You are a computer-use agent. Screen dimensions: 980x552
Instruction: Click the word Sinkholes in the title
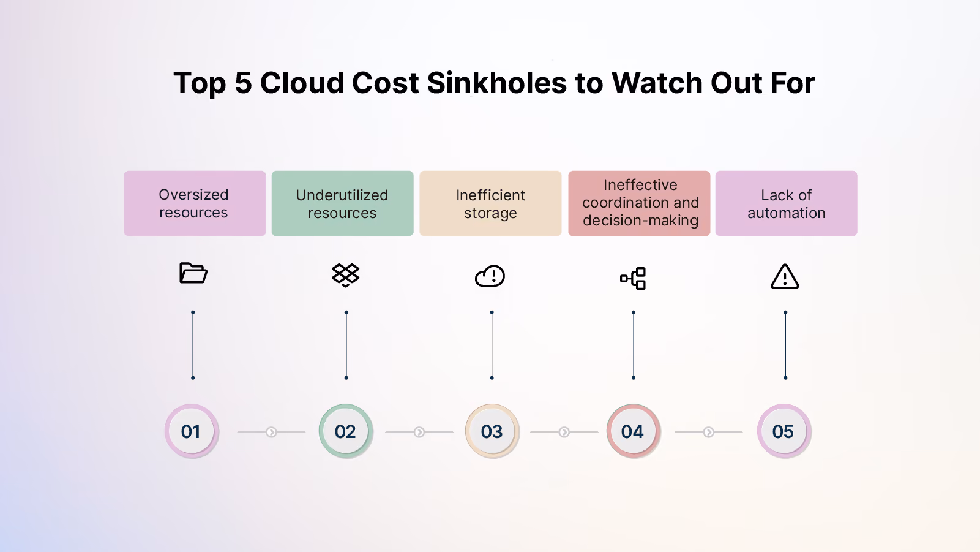(x=496, y=83)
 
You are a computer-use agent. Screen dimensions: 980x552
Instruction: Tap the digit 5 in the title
(x=243, y=83)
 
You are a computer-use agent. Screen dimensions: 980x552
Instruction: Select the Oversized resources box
(x=195, y=203)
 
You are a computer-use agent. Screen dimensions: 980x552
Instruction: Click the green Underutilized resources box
(x=343, y=203)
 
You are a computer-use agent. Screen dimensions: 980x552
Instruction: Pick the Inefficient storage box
(x=490, y=203)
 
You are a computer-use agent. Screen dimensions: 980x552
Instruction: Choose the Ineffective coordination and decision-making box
(x=639, y=203)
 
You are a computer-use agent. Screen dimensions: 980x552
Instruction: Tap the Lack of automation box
(x=786, y=203)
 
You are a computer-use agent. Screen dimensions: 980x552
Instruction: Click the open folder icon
(x=193, y=273)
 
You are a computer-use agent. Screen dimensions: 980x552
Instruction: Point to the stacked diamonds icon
(x=346, y=275)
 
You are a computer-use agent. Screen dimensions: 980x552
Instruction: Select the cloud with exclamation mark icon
(x=490, y=276)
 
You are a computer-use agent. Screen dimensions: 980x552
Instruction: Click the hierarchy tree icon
(x=633, y=278)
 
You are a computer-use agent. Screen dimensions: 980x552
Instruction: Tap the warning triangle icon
(x=785, y=277)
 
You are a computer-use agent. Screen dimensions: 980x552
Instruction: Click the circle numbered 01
(x=192, y=431)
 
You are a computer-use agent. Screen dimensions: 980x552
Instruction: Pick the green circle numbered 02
(x=346, y=431)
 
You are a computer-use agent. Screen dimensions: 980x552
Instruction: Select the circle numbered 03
(x=492, y=431)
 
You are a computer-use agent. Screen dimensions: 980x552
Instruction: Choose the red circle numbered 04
(x=633, y=431)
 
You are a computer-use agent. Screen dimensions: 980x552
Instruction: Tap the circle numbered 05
(x=785, y=431)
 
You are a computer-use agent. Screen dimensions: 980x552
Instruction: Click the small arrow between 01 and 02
(x=271, y=433)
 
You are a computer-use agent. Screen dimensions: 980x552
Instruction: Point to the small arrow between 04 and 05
(x=708, y=433)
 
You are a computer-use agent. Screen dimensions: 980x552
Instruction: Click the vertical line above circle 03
(x=492, y=345)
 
